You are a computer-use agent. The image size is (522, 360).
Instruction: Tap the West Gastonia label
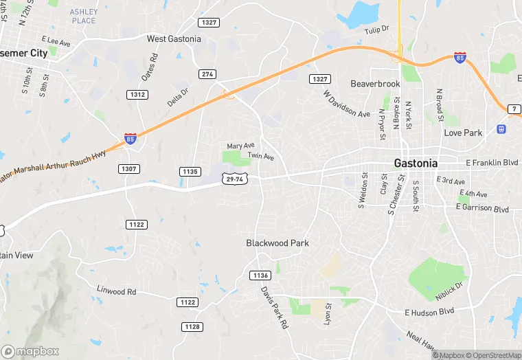click(x=174, y=39)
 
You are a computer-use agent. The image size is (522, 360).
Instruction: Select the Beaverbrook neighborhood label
click(x=374, y=84)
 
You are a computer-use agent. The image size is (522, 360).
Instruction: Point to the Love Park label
click(x=463, y=133)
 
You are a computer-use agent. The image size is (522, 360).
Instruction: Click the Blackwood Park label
click(x=277, y=243)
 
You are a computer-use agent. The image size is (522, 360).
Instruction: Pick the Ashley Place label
click(x=84, y=16)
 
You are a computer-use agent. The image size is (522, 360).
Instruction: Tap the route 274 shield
click(x=207, y=74)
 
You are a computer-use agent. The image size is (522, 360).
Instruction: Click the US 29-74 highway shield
click(x=234, y=179)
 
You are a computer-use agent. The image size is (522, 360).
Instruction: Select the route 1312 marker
click(x=137, y=94)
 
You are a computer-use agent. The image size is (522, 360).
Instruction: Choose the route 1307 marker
click(x=128, y=168)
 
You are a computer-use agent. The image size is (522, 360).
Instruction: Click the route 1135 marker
click(x=190, y=171)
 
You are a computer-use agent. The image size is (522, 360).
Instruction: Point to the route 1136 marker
click(x=260, y=275)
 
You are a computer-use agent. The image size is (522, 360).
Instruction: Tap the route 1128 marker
click(x=192, y=326)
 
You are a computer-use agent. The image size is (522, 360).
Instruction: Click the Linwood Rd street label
click(x=117, y=291)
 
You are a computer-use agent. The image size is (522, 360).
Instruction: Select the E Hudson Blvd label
click(x=429, y=311)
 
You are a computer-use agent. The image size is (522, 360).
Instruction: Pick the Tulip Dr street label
click(x=376, y=30)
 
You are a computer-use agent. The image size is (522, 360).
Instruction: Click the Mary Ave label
click(x=240, y=146)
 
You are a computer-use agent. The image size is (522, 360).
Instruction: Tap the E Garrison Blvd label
click(x=484, y=208)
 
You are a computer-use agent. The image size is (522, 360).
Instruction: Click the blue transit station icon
click(x=502, y=128)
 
